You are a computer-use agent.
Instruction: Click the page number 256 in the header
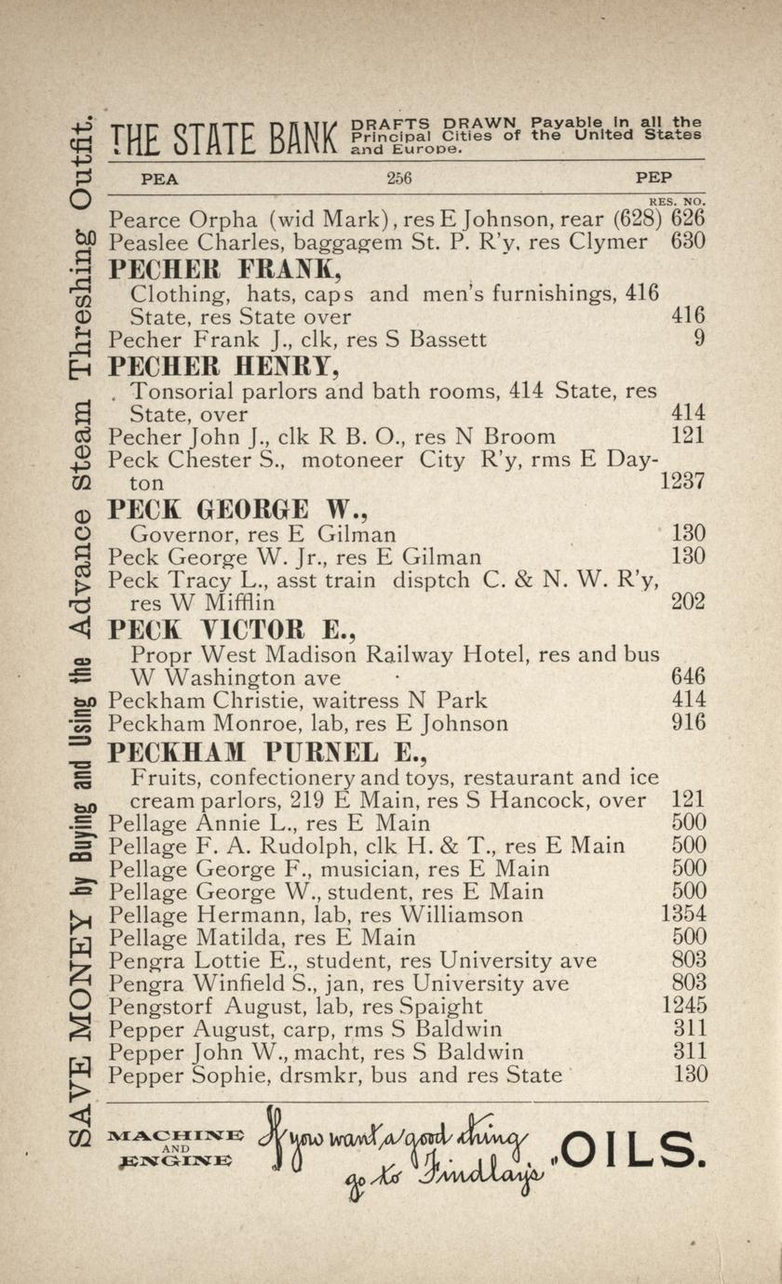(x=398, y=178)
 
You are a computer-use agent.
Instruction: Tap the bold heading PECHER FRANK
(x=213, y=269)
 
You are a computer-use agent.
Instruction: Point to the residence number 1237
(x=682, y=482)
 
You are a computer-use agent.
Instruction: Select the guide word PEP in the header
(x=654, y=178)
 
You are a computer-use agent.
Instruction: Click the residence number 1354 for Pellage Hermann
(x=683, y=914)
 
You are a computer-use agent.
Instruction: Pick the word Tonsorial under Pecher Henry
(x=182, y=390)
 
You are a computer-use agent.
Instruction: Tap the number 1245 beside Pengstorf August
(x=684, y=1006)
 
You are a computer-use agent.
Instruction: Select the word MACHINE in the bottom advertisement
(x=176, y=1135)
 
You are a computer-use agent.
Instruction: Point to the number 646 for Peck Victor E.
(x=688, y=676)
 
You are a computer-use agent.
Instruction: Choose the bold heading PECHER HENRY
(x=219, y=366)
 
